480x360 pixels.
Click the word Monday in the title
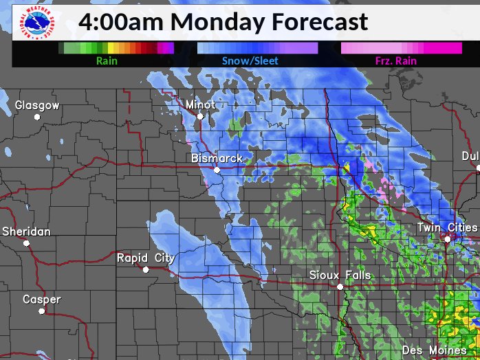[x=219, y=21]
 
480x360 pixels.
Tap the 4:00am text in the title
[x=120, y=21]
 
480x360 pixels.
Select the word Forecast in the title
[x=319, y=21]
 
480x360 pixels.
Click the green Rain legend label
[x=107, y=61]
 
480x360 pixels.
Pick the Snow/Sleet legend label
[x=250, y=61]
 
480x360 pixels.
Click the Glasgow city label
[x=37, y=106]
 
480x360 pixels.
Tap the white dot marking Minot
[x=200, y=117]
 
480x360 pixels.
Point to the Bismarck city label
[x=217, y=159]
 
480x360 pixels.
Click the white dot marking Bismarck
[x=217, y=170]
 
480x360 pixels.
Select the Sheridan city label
[x=26, y=232]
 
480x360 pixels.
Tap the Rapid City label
[x=145, y=258]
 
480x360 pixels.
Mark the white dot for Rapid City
[x=146, y=269]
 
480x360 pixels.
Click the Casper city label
[x=41, y=300]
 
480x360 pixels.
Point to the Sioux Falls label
[x=340, y=275]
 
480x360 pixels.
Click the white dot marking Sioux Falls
[x=340, y=286]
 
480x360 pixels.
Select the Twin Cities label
[x=448, y=227]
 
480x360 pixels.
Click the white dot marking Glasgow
[x=37, y=117]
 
